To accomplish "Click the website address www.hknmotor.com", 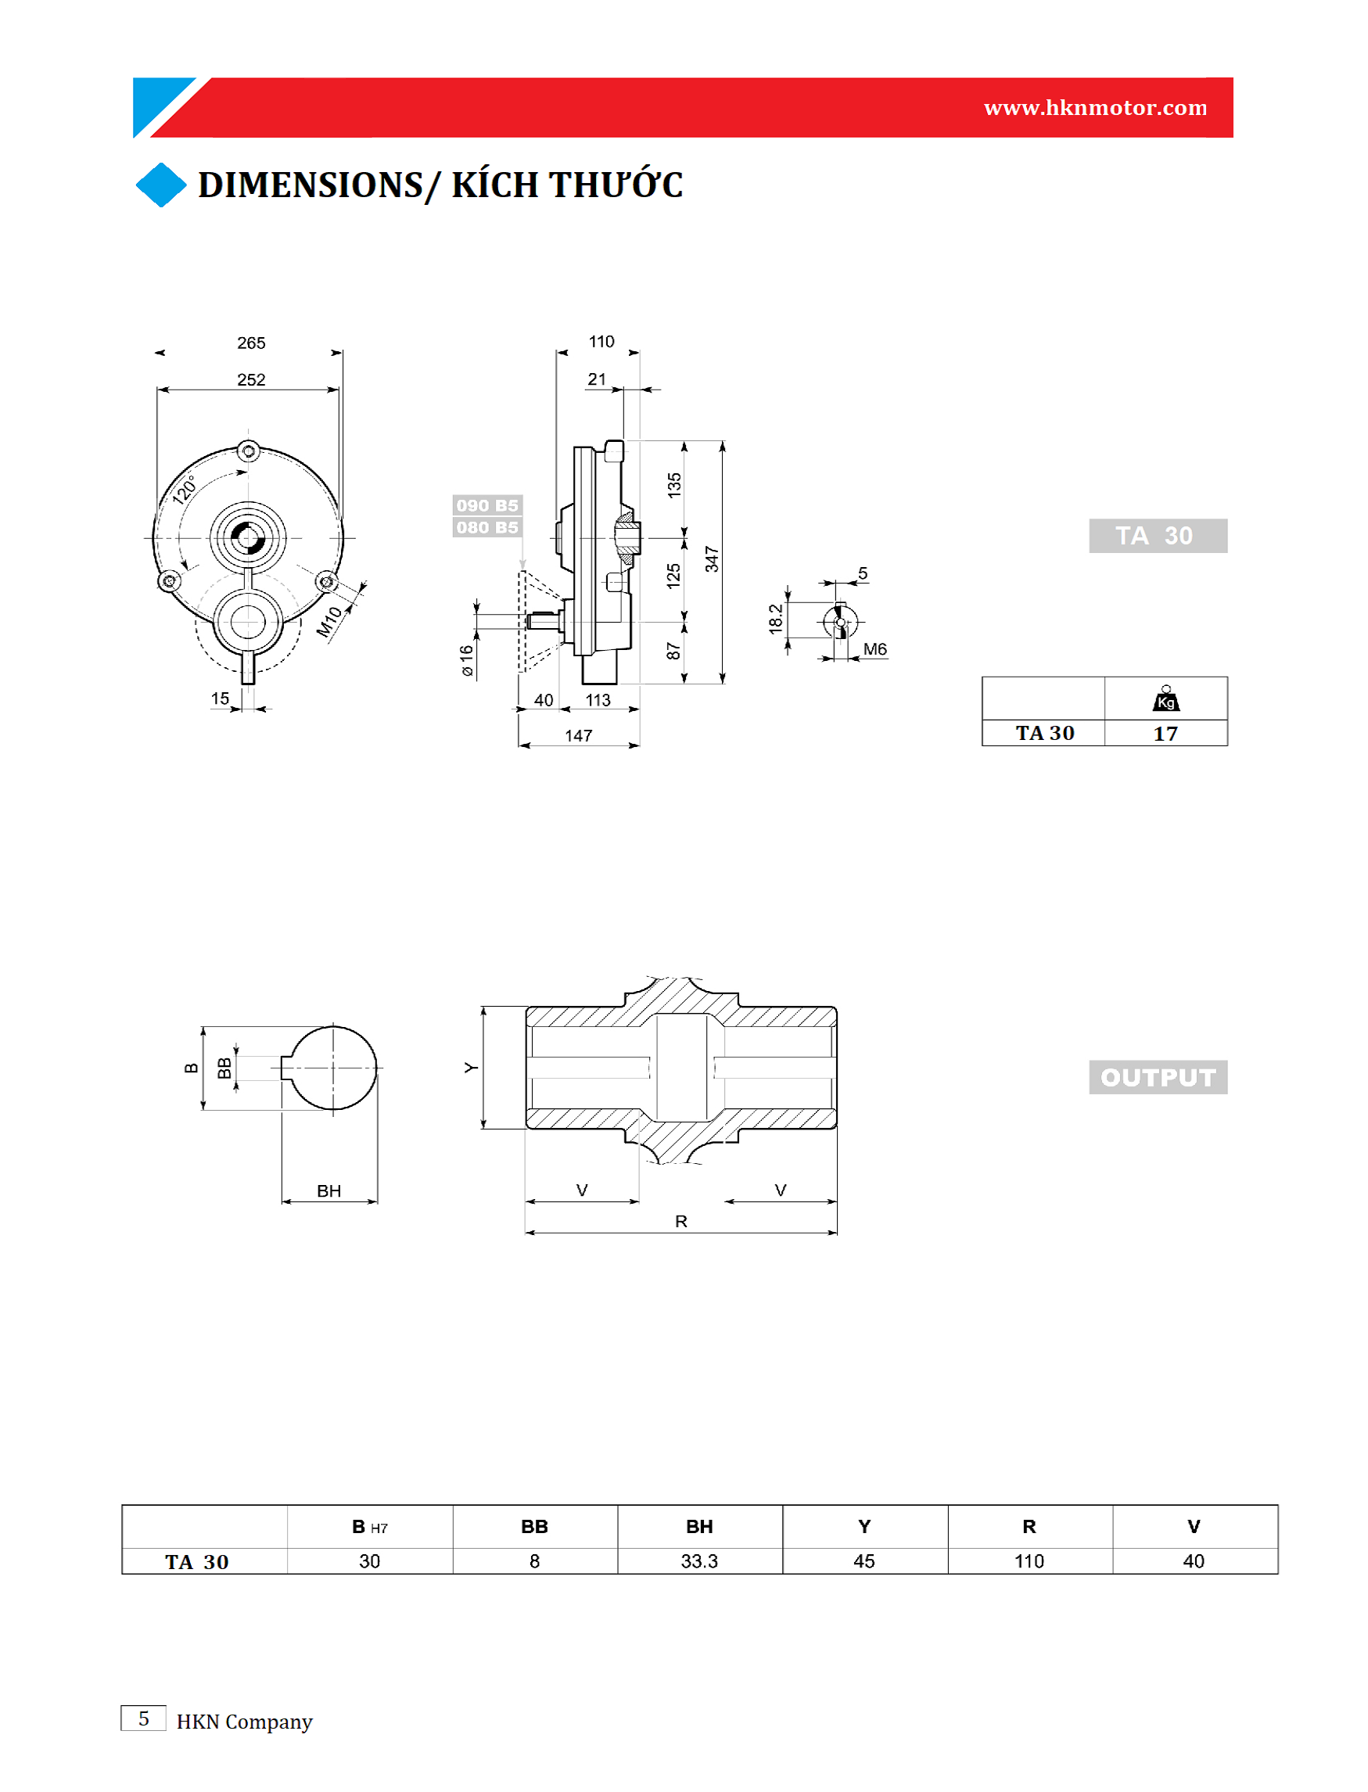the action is pos(1095,107).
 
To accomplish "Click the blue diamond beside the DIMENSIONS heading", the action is pos(161,185).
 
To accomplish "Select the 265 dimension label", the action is pos(251,343).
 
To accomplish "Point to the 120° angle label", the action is pos(185,490).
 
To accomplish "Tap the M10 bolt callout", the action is pos(329,622).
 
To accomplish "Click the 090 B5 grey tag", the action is pos(487,505).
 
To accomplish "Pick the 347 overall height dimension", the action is pos(712,559).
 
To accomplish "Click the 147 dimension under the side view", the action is pos(578,736).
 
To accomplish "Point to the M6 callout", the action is pos(875,649).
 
